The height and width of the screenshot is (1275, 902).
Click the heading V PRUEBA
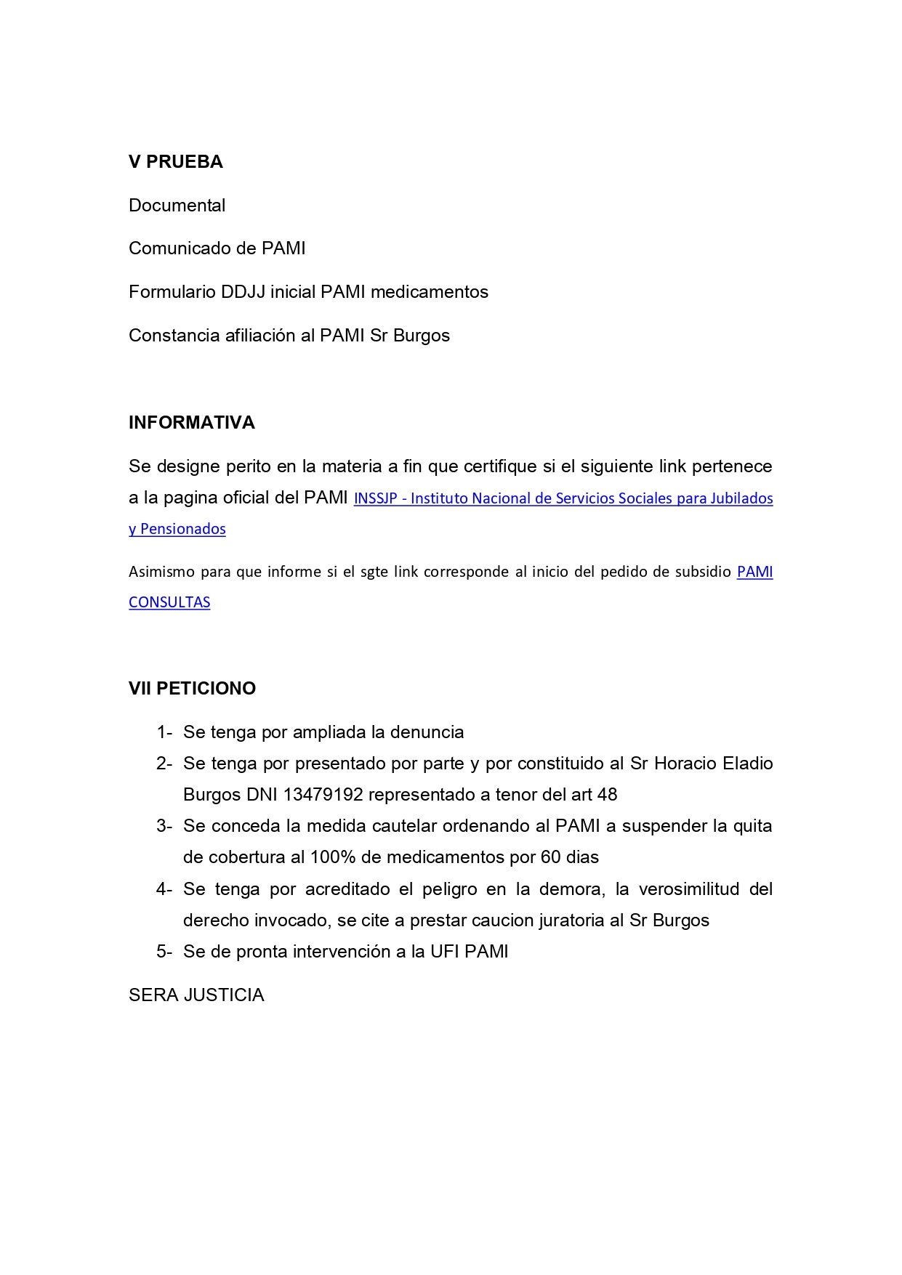pos(175,162)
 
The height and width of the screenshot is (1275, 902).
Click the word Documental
pos(177,206)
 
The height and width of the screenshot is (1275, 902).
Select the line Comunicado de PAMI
pos(217,248)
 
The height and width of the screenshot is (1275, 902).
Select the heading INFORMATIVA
pos(191,423)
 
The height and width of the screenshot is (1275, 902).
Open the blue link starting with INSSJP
pos(563,498)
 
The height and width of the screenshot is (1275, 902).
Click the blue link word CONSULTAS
pos(169,602)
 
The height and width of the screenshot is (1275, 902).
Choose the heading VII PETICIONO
pos(192,689)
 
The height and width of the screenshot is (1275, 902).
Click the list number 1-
pos(164,732)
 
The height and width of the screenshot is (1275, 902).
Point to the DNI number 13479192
pos(323,795)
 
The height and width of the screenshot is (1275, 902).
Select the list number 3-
pos(164,826)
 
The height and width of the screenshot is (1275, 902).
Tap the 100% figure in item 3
pos(333,857)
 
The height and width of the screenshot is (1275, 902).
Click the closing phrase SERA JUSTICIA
pos(196,995)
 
